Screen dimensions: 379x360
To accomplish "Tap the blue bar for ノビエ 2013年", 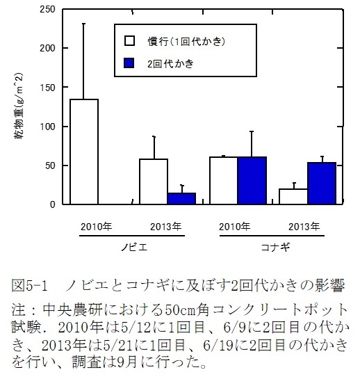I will tap(181, 198).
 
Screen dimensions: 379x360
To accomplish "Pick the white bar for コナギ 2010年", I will tap(224, 181).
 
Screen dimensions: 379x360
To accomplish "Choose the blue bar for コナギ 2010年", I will tap(252, 181).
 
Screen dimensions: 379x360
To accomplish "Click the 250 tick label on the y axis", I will tap(48, 10).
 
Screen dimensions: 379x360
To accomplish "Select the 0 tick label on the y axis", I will tap(54, 204).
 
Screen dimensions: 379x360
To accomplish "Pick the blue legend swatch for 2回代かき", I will tap(129, 63).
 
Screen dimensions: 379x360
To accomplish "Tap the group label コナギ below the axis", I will tap(271, 248).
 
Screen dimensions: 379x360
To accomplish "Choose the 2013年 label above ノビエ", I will tap(167, 226).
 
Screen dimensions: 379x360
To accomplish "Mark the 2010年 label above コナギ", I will tap(236, 226).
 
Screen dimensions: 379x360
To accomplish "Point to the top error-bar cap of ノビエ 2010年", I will tap(84, 23).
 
